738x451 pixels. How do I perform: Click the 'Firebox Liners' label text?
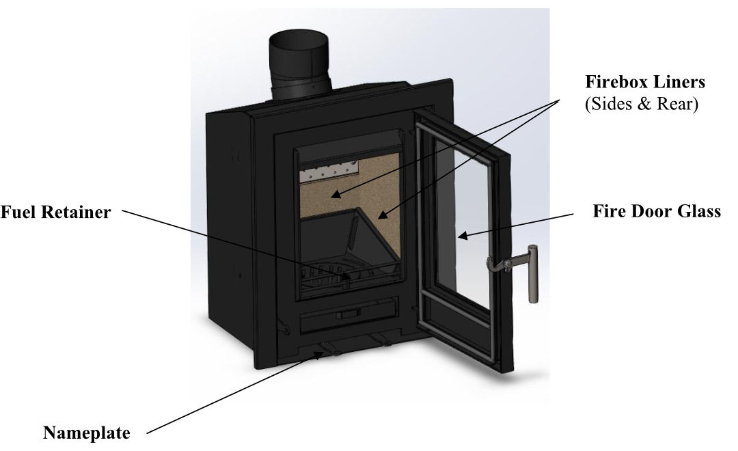point(645,82)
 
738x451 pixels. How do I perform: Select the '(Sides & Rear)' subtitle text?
point(642,104)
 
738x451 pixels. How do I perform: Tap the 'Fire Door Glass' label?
point(657,211)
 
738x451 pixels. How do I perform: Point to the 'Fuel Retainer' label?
point(55,212)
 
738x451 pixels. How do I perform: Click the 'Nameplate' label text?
point(87,433)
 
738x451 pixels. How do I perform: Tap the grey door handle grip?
point(533,273)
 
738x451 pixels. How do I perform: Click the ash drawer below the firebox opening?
point(348,315)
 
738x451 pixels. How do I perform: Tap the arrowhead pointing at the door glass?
point(463,235)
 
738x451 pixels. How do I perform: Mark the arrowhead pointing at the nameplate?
point(320,355)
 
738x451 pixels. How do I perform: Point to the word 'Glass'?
point(699,211)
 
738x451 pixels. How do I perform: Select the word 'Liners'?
point(679,82)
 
